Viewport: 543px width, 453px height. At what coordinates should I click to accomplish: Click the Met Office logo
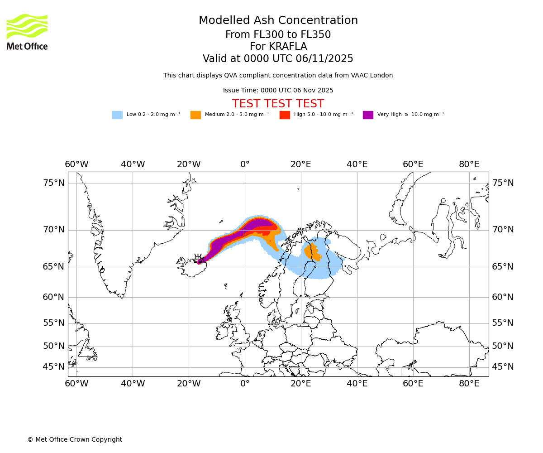27,32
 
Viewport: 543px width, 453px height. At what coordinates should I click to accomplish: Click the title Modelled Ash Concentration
278,21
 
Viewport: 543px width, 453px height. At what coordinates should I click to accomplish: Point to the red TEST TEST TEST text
278,104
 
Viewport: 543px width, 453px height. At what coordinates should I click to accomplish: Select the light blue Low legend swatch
117,115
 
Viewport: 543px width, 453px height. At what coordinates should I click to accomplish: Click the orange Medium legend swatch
195,115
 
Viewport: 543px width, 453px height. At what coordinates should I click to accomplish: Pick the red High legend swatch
285,115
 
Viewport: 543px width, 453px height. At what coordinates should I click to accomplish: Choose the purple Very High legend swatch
368,115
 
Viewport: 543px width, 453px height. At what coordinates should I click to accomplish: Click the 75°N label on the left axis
54,183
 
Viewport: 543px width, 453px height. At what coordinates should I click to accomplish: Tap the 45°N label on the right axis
503,367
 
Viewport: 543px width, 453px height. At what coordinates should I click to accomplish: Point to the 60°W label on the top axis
76,164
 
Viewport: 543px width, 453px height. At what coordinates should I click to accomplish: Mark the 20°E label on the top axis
301,164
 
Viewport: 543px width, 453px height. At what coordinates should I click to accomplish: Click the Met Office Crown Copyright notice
75,440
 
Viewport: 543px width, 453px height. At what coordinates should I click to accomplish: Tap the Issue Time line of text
278,91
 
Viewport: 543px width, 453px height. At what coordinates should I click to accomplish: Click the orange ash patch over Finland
312,252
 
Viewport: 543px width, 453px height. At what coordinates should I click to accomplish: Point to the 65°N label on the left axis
54,267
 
